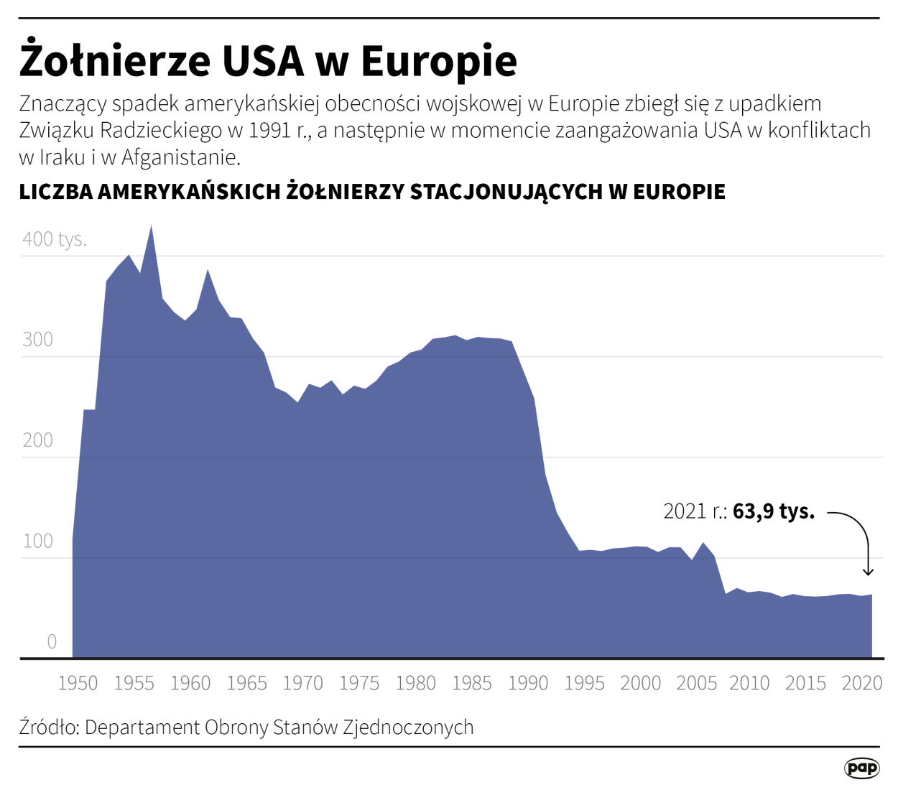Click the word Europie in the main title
click(x=438, y=61)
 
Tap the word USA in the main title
click(x=262, y=61)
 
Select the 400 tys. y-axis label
click(x=55, y=239)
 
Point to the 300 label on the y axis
click(x=37, y=340)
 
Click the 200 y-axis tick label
click(x=37, y=440)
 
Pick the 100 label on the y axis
click(x=37, y=541)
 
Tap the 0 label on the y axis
click(x=52, y=641)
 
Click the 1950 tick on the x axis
click(x=78, y=683)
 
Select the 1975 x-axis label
click(x=359, y=683)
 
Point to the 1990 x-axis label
click(x=528, y=683)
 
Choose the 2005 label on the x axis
click(x=696, y=683)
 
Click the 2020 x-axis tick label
click(x=861, y=683)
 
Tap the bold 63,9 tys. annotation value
click(x=774, y=511)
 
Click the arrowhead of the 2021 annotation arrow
click(x=868, y=572)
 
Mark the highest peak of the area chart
click(x=151, y=228)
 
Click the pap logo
click(x=861, y=768)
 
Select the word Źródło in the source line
click(x=48, y=727)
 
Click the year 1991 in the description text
click(x=269, y=131)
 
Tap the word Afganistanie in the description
click(x=180, y=157)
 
